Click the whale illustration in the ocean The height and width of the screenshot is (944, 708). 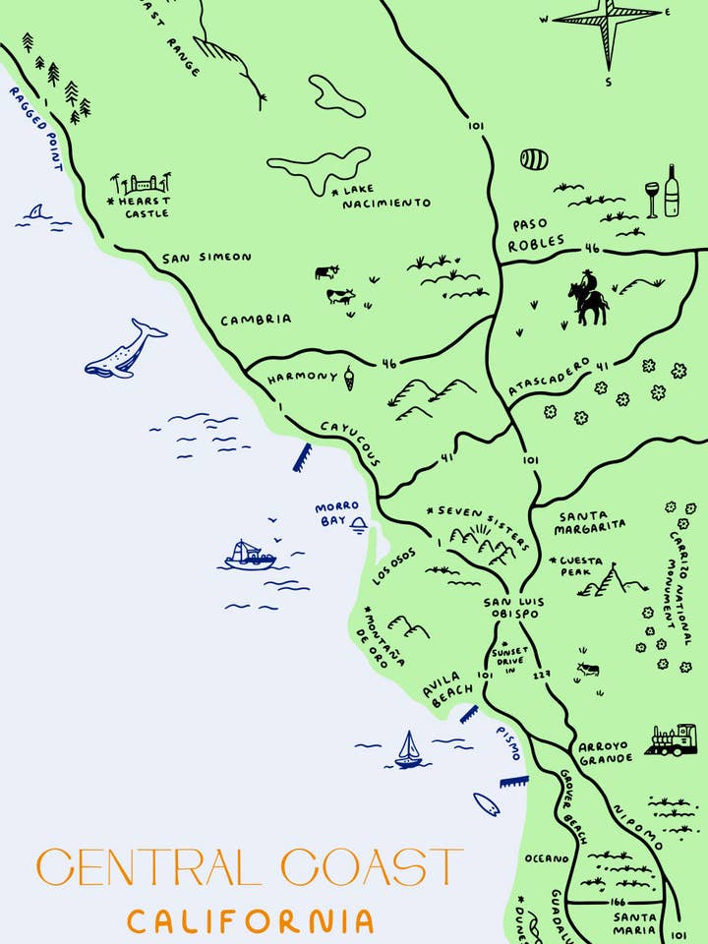[x=125, y=350]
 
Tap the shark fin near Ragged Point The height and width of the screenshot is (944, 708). [x=36, y=212]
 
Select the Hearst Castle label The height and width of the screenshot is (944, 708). [x=143, y=206]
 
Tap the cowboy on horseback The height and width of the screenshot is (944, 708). [x=588, y=299]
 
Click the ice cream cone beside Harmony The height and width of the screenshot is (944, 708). [x=349, y=377]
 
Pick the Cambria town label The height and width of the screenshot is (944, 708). [x=256, y=320]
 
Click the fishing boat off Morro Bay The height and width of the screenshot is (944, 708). [x=250, y=556]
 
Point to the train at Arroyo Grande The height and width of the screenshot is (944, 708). [x=672, y=740]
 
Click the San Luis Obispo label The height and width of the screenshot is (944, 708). [x=511, y=607]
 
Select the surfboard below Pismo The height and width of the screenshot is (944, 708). [x=486, y=803]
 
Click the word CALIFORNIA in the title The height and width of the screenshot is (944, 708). [x=251, y=921]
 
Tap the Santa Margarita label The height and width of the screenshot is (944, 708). [x=589, y=520]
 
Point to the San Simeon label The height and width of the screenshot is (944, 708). [x=206, y=258]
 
